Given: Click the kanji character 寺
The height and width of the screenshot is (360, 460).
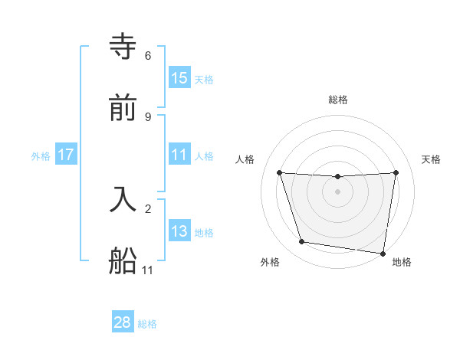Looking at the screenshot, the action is point(123,48).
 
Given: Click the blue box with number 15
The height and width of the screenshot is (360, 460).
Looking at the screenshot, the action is point(179,78).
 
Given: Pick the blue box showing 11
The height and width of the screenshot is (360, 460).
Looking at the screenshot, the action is point(179,155).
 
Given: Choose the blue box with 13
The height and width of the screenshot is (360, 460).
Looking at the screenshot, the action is point(179,231).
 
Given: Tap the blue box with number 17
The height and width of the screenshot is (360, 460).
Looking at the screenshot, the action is point(66,155).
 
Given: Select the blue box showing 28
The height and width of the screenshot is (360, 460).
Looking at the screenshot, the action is point(123,322).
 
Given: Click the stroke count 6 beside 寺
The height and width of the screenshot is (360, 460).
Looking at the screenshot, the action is point(148,56).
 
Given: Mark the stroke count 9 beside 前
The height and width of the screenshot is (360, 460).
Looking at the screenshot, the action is point(148,117).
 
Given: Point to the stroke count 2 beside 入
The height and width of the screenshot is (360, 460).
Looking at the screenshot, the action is point(148,208).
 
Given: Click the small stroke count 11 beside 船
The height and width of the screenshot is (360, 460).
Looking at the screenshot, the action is point(148,270).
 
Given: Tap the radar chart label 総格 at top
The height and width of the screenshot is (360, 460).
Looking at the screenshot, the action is point(338,100).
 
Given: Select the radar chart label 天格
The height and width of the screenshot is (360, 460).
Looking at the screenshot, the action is point(432,159).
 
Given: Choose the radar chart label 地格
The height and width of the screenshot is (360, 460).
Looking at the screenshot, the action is point(402,263).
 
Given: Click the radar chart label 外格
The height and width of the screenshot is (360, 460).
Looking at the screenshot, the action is point(270,263).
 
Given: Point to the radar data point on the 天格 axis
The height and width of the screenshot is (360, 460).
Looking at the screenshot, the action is point(396,172).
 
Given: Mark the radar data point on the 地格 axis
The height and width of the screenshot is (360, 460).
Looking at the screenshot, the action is point(383,253).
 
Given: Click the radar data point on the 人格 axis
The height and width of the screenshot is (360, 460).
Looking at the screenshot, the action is point(279,172).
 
